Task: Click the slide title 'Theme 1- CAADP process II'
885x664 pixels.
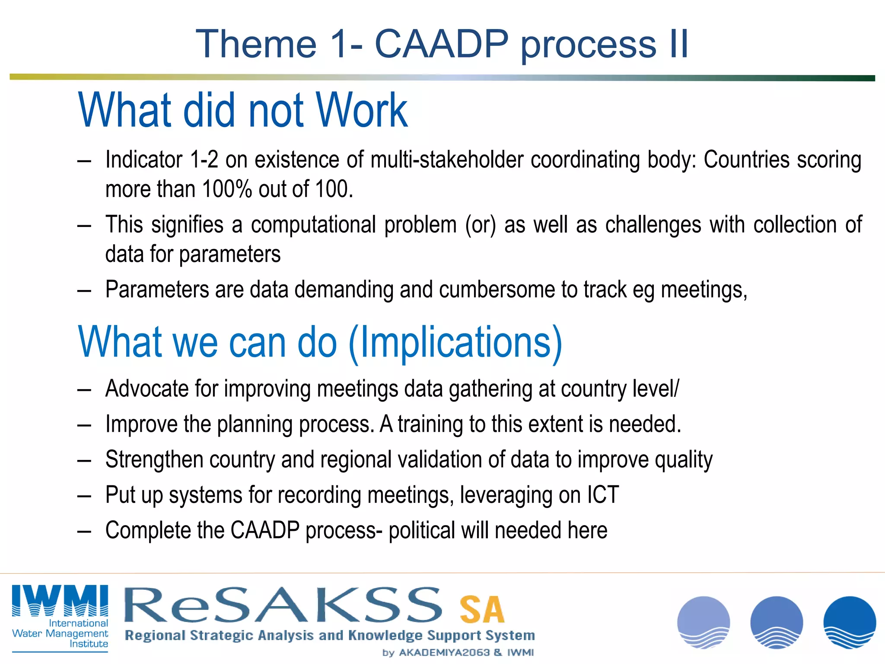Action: point(442,44)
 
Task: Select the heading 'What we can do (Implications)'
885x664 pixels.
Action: point(320,342)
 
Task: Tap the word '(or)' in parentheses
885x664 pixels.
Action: point(480,225)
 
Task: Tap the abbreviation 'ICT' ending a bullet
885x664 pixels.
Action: point(603,495)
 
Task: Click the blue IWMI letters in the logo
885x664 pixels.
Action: point(60,600)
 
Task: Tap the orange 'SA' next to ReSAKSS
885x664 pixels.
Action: point(482,610)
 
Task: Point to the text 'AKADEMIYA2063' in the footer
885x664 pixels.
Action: point(444,652)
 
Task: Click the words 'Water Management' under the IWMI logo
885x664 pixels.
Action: point(60,633)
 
